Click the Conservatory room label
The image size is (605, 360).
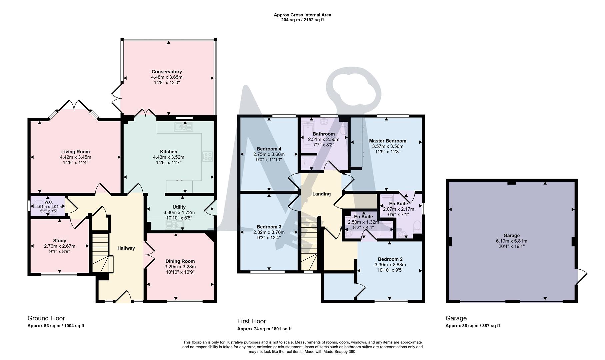[x=167, y=72]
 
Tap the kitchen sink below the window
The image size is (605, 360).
[x=183, y=127]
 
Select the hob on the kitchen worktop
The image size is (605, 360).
[x=207, y=157]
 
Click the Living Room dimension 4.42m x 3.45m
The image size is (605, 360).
[x=75, y=157]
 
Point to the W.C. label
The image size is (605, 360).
[x=49, y=202]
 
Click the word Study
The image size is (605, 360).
[x=60, y=241]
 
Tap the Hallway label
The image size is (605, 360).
[x=126, y=248]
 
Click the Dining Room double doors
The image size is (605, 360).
[x=148, y=255]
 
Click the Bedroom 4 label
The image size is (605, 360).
[x=269, y=149]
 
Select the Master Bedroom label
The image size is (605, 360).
[x=388, y=141]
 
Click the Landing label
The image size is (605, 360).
[x=321, y=194]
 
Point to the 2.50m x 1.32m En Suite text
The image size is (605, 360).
[x=363, y=222]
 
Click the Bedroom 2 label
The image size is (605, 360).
[x=390, y=259]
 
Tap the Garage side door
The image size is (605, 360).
[x=581, y=276]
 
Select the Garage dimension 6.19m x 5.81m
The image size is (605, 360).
[x=511, y=241]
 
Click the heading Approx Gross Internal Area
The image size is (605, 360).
[x=302, y=15]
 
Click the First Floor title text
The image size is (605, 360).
[x=251, y=321]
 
